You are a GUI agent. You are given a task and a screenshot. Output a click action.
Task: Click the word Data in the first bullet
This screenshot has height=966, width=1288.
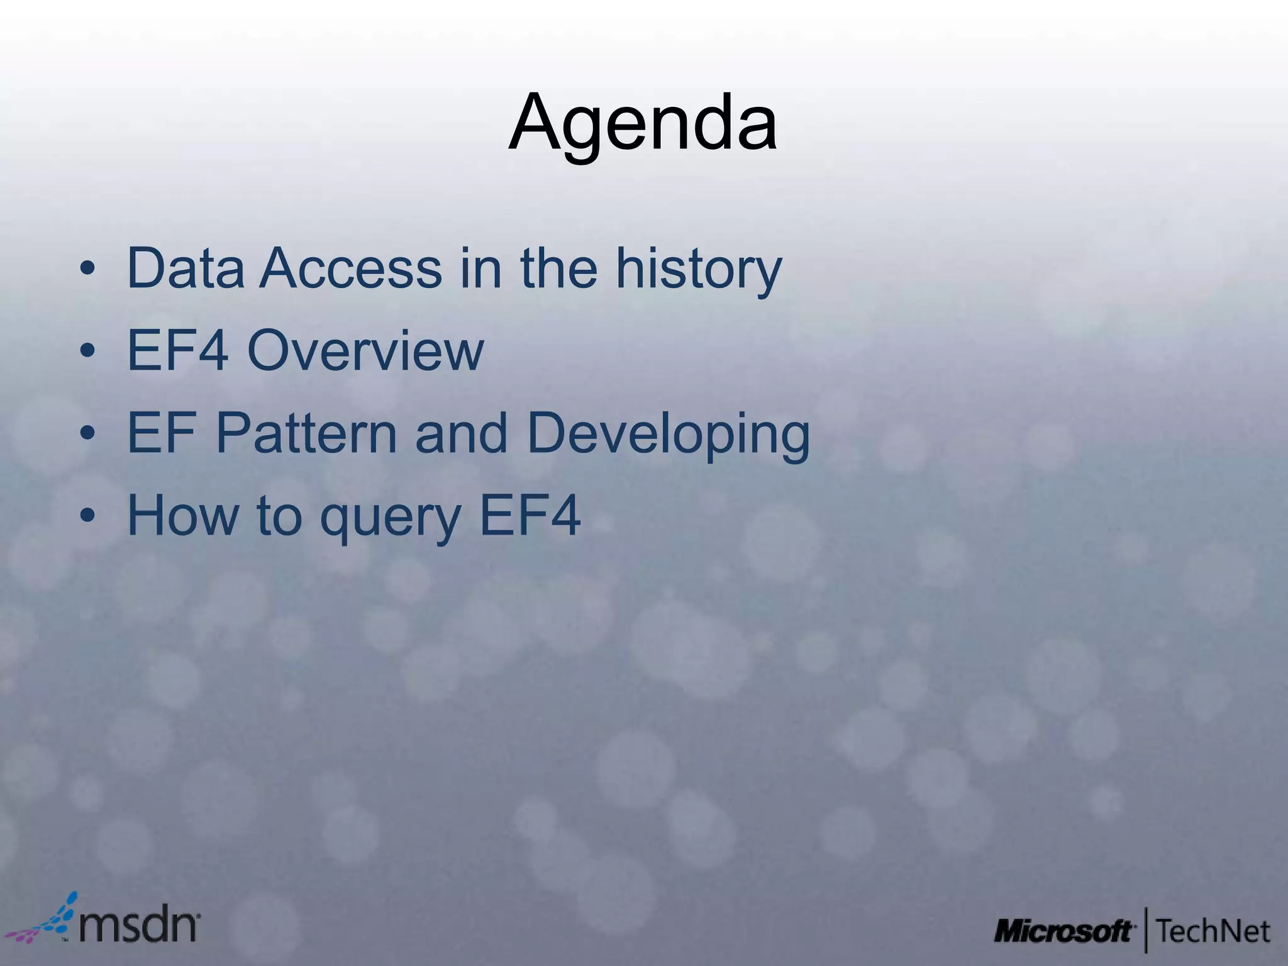pyautogui.click(x=186, y=269)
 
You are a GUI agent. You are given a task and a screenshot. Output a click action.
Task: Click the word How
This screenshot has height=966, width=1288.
pyautogui.click(x=183, y=515)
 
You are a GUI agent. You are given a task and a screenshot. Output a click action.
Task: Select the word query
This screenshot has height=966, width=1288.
pyautogui.click(x=391, y=518)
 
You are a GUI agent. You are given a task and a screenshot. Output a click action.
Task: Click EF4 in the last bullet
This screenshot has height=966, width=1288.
pyautogui.click(x=530, y=515)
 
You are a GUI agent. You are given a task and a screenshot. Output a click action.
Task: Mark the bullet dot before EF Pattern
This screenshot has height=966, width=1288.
pyautogui.click(x=87, y=434)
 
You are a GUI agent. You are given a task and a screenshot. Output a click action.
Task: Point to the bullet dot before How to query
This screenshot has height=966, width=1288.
pyautogui.click(x=87, y=516)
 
